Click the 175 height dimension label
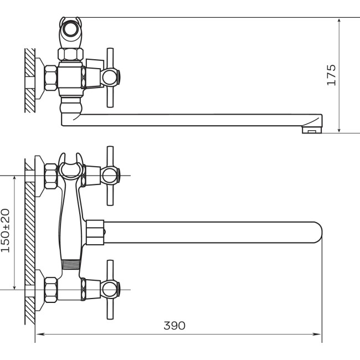tap(332, 75)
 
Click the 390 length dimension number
tap(174, 326)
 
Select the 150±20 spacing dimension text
tap(6, 230)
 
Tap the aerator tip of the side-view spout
tap(312, 130)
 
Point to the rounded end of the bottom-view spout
tap(318, 233)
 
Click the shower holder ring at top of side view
tap(70, 29)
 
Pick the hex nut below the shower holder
tap(70, 54)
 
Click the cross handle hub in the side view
tap(110, 77)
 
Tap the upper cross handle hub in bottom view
tap(110, 176)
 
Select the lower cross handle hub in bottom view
tap(110, 290)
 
